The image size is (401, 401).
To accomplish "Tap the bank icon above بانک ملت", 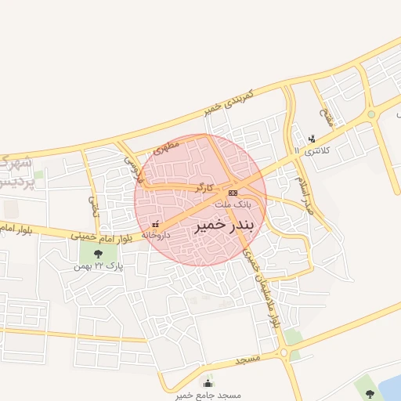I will (233, 193).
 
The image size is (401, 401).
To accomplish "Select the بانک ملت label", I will (234, 203).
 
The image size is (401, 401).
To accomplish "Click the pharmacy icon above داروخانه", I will (154, 225).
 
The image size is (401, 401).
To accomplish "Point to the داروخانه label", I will (157, 234).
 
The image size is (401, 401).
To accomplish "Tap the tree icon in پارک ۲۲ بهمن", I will (98, 254).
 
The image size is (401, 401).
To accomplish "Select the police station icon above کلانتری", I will (312, 139).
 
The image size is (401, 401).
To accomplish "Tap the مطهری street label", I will (167, 146).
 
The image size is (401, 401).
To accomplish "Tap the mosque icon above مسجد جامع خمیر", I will (207, 383).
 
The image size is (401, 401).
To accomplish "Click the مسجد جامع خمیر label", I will (199, 395).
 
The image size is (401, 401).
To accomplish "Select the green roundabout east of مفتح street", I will (371, 114).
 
